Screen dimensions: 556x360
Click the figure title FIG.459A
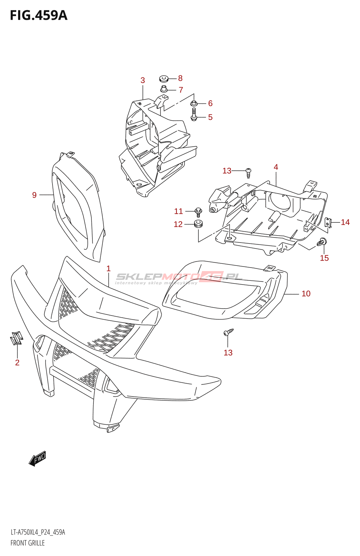[39, 16]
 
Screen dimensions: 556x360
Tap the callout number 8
[180, 78]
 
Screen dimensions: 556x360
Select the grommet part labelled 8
[164, 79]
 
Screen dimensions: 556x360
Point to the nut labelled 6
[194, 103]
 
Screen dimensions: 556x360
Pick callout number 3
[142, 80]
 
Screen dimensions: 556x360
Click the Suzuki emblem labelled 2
[16, 338]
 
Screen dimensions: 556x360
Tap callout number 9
[34, 195]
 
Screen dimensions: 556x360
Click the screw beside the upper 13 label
[248, 172]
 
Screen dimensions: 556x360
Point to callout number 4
[276, 167]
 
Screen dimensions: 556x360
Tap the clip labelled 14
[328, 222]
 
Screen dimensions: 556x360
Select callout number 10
[306, 294]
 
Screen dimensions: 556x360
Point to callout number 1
[108, 268]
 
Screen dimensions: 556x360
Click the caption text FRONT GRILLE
[27, 543]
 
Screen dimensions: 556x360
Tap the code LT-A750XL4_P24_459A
[38, 532]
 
